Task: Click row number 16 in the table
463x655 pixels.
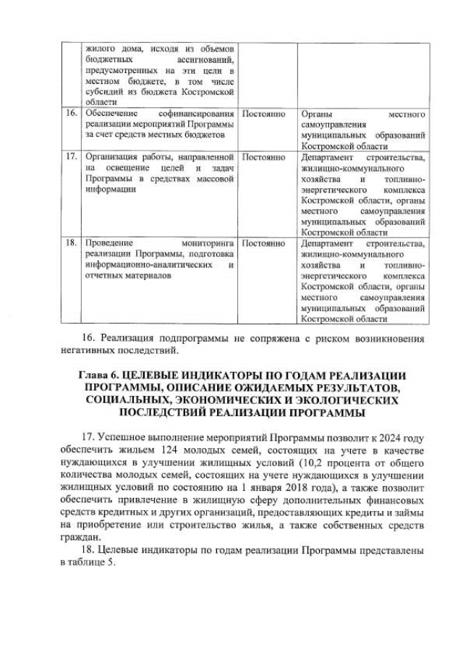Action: pos(71,114)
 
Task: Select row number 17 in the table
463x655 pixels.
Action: pos(71,156)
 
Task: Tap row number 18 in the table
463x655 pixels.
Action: pos(71,243)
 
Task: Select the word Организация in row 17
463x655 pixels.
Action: pos(109,156)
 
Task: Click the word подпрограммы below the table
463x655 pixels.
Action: pos(187,339)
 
